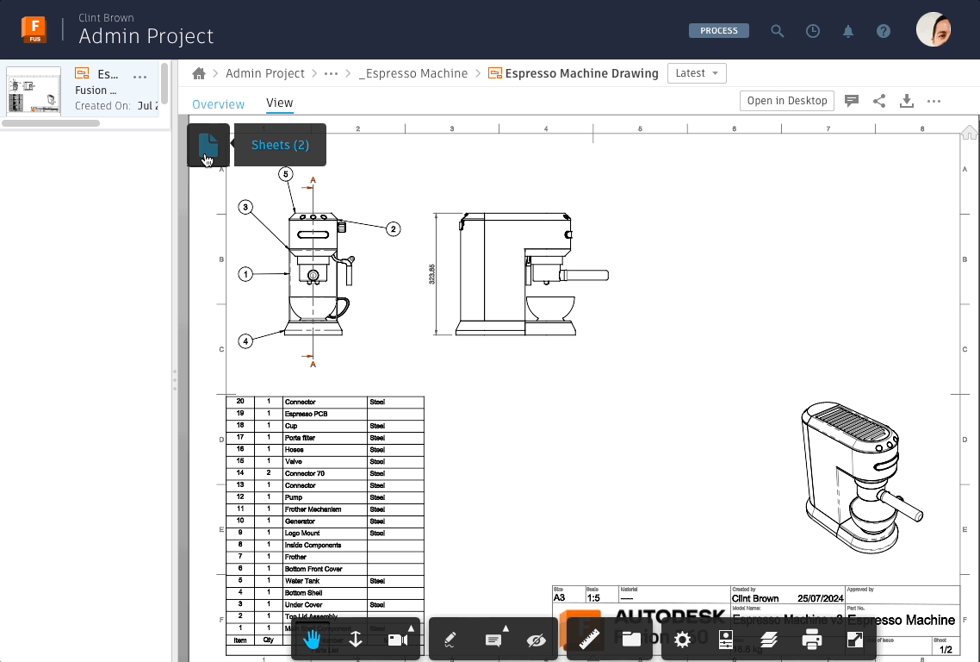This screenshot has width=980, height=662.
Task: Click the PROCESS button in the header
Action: tap(718, 31)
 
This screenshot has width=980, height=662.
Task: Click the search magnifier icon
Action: tap(778, 31)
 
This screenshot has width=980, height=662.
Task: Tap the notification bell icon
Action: tap(848, 31)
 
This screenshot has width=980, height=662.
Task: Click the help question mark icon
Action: tap(883, 31)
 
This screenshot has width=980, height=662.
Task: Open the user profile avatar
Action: tap(933, 30)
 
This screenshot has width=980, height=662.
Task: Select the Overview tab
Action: tap(218, 103)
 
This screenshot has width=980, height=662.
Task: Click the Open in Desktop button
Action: tap(786, 101)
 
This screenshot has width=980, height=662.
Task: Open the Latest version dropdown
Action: tap(697, 73)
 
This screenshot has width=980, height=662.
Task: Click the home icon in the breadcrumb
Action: tap(199, 73)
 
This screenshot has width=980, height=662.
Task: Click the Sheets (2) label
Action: tap(280, 145)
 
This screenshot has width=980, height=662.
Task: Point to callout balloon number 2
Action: tap(393, 229)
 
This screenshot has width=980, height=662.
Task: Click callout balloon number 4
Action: tap(245, 341)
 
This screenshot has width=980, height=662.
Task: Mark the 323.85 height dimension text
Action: tap(432, 274)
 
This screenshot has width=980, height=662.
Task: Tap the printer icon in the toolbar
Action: tap(811, 640)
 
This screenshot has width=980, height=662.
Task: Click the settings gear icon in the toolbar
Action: tap(682, 640)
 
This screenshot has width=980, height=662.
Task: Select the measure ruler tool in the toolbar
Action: tap(589, 640)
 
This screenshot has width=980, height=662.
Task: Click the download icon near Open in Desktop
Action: tap(906, 101)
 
